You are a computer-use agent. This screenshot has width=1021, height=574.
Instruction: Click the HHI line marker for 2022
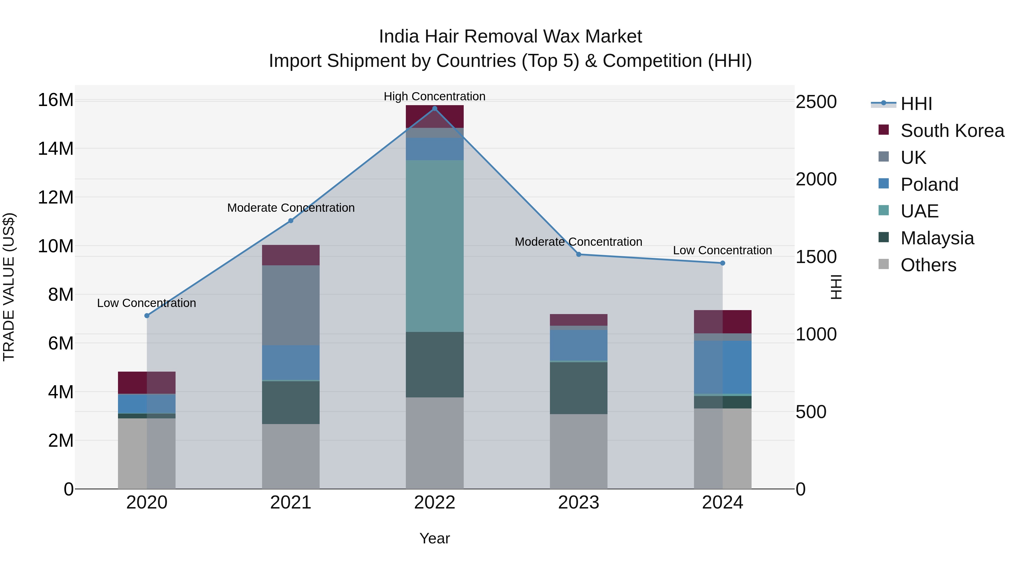[x=434, y=109]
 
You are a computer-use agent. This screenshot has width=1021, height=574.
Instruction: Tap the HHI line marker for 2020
[x=147, y=316]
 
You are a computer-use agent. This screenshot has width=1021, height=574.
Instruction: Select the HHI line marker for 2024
[x=723, y=263]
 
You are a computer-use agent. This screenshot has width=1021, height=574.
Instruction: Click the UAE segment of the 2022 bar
[x=434, y=245]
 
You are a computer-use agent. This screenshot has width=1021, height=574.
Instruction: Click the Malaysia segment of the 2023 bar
[x=578, y=388]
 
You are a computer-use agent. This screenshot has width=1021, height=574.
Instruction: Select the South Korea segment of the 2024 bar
[x=723, y=322]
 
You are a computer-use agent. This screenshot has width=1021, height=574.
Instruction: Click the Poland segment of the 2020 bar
[x=147, y=404]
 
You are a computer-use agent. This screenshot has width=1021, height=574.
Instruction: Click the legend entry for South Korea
[x=952, y=131]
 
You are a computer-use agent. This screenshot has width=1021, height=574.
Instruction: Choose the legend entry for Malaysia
[x=937, y=238]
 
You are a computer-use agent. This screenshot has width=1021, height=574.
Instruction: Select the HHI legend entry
[x=915, y=104]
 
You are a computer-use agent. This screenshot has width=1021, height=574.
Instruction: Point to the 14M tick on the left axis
[x=56, y=149]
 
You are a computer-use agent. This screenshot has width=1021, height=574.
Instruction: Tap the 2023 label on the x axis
[x=578, y=503]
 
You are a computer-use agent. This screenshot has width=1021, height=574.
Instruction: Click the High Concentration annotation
[x=434, y=96]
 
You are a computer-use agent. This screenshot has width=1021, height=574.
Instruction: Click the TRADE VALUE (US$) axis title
[x=9, y=287]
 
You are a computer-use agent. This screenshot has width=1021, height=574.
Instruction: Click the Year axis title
[x=434, y=538]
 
